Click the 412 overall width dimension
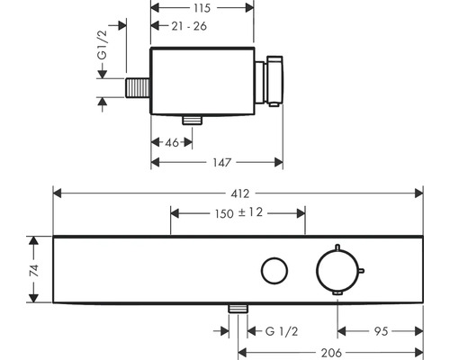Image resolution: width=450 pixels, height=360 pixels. [x=239, y=192]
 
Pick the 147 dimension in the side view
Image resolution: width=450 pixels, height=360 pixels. [x=217, y=162]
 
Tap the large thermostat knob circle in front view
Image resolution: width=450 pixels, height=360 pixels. [x=338, y=269]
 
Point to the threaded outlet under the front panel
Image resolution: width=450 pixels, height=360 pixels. [x=238, y=308]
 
